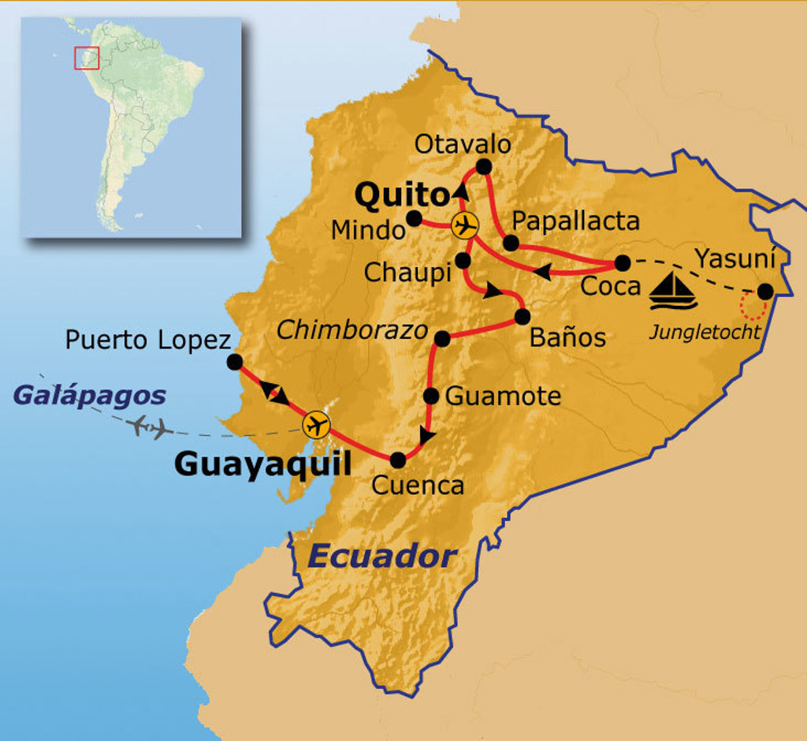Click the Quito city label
tap(401, 194)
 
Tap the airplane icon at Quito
tap(465, 225)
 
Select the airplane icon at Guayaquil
tap(317, 426)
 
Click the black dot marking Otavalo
tap(484, 166)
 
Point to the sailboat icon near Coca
tap(673, 291)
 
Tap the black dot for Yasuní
tap(764, 291)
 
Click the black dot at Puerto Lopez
tap(234, 361)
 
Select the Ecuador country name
tap(382, 557)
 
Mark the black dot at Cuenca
tap(398, 459)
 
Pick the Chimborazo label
tap(352, 330)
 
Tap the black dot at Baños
tap(522, 317)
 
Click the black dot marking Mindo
tap(414, 218)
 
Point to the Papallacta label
tap(575, 222)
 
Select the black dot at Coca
tap(623, 263)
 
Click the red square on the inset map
tap(87, 58)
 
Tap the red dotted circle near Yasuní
tap(750, 306)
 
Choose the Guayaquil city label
tap(262, 464)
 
